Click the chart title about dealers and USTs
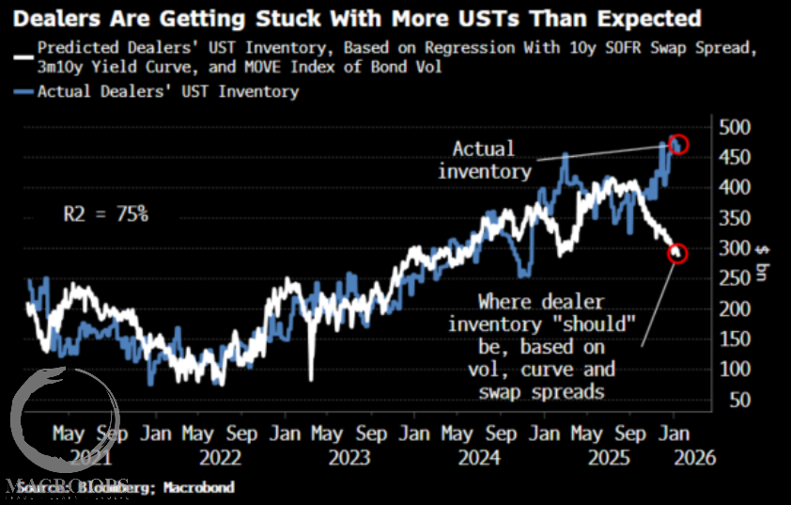356,17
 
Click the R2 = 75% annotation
105,214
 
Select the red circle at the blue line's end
678,144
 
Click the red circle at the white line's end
677,253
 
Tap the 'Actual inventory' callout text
484,160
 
